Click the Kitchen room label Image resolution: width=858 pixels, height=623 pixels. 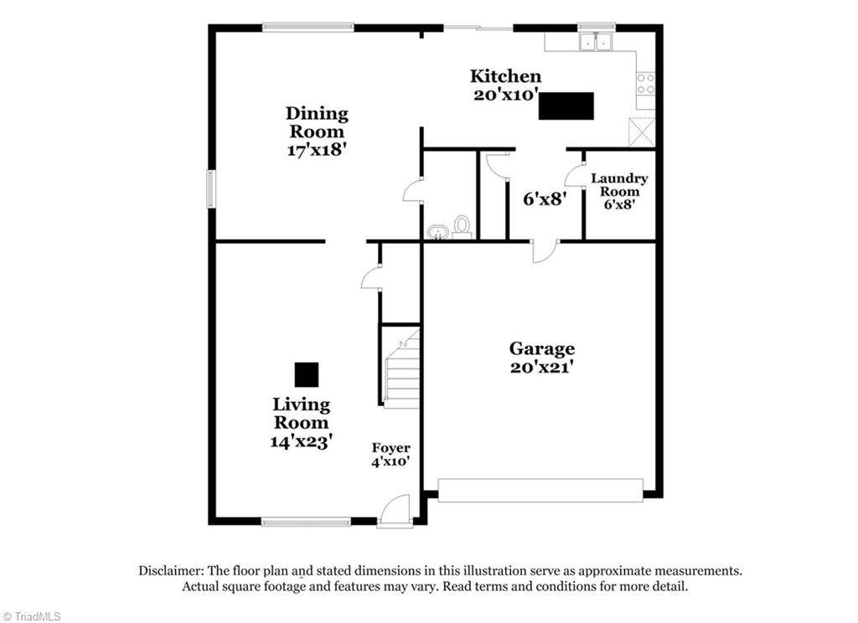tap(505, 76)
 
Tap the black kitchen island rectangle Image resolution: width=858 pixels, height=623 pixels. tap(566, 106)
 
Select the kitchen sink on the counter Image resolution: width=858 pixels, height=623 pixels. tap(597, 42)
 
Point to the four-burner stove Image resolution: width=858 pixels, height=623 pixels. tap(646, 84)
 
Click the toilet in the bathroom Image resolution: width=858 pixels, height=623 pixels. tap(463, 227)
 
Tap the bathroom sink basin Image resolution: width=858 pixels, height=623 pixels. tap(437, 232)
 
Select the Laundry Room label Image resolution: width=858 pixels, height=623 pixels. tap(619, 185)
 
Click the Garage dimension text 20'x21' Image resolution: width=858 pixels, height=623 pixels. tap(542, 367)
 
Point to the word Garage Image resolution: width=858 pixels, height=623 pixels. tap(542, 349)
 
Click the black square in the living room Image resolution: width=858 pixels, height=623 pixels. tap(307, 374)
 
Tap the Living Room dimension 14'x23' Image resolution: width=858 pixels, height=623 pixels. tap(301, 440)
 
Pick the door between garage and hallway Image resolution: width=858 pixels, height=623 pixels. tap(545, 251)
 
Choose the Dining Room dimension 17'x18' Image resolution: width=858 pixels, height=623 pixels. tap(317, 149)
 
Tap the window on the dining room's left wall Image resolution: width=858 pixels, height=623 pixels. tap(211, 188)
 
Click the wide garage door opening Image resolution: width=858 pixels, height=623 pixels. tap(540, 491)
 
